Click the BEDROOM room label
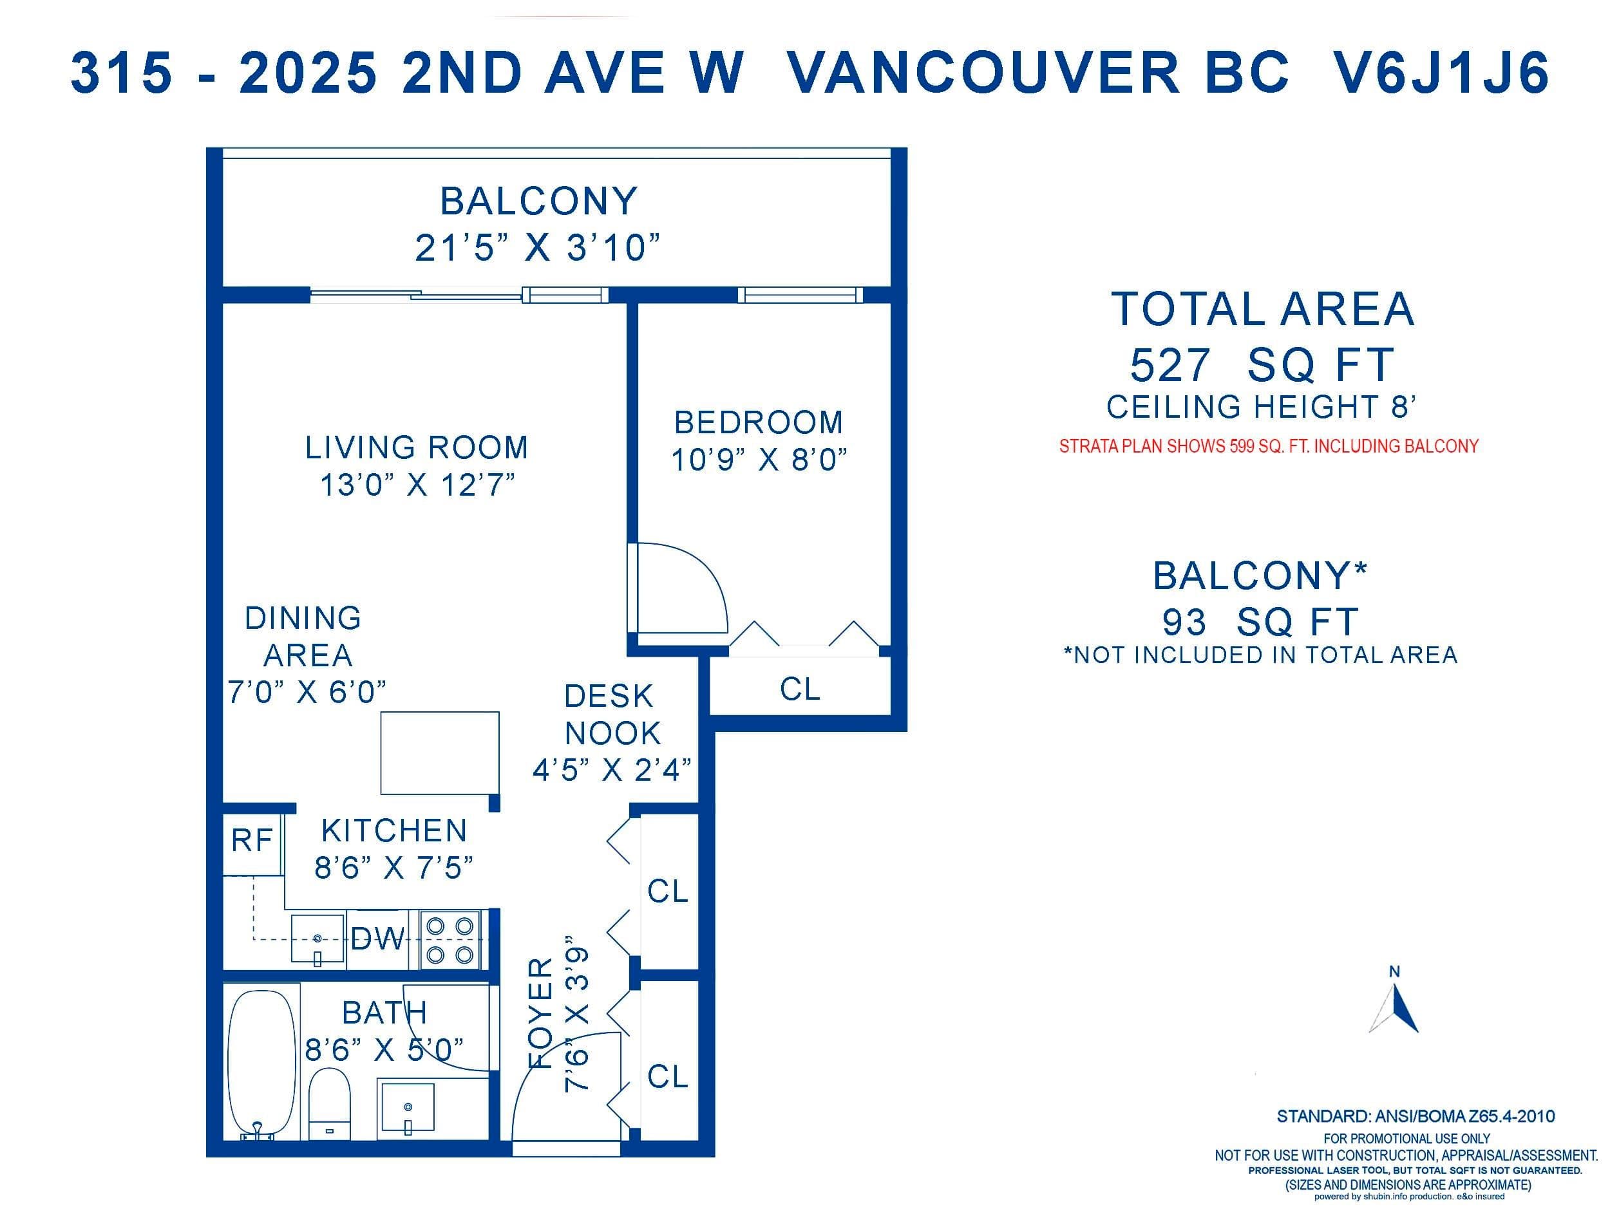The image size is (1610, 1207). [x=759, y=422]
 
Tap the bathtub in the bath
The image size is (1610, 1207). [x=262, y=1066]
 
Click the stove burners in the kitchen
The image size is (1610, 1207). [x=449, y=940]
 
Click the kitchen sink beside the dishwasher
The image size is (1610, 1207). [x=317, y=939]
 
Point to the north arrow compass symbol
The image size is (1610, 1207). [x=1394, y=1004]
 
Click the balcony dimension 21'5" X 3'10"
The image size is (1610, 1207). [x=538, y=247]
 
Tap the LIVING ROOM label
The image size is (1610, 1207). [x=416, y=447]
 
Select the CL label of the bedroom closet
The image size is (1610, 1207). [x=800, y=688]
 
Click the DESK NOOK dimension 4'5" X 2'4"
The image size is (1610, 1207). [x=612, y=770]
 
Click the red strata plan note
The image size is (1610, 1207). [x=1269, y=446]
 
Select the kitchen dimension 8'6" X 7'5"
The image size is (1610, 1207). [x=393, y=868]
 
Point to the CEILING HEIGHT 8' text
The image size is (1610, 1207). [x=1262, y=407]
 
